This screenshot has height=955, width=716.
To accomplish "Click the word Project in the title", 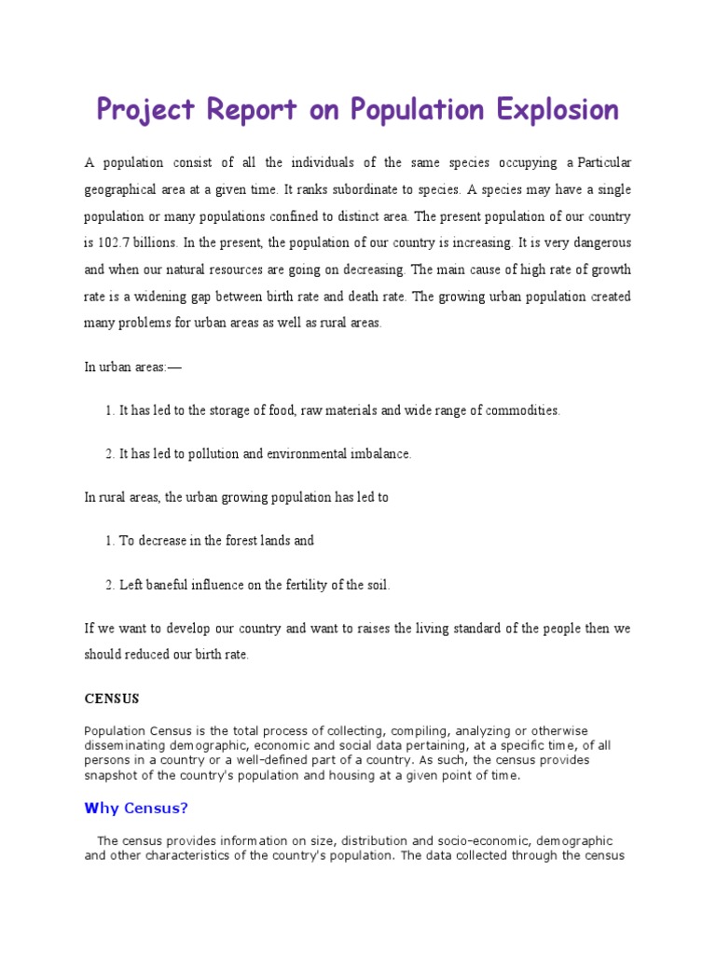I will [x=145, y=110].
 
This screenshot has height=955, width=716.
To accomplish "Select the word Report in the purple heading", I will [x=248, y=110].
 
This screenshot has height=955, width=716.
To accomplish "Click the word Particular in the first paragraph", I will [x=604, y=163].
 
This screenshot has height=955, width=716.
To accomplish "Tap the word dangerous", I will [x=595, y=243].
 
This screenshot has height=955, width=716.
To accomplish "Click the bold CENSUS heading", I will [x=111, y=699].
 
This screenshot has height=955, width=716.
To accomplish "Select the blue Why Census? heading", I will [x=136, y=808].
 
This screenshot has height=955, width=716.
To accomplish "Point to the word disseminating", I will [x=121, y=745].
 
